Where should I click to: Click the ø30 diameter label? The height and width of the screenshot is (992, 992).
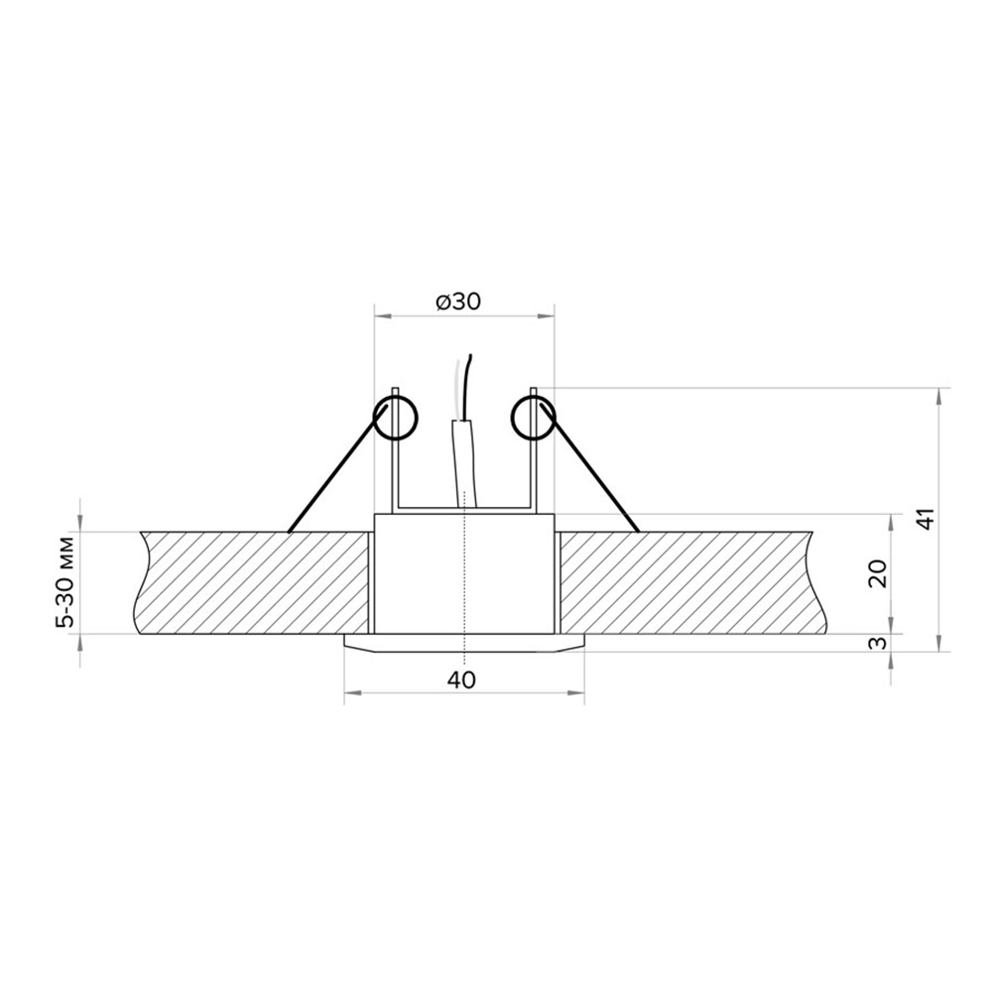point(458,302)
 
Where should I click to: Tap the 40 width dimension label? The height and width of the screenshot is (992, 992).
point(461,681)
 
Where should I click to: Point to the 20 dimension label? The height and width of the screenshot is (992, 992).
point(878,574)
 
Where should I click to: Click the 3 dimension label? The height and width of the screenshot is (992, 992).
point(878,644)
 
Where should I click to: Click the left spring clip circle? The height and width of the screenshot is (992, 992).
point(396,419)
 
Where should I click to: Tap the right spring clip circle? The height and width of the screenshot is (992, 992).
point(534,418)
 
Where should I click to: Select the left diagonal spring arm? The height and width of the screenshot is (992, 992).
point(337,469)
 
